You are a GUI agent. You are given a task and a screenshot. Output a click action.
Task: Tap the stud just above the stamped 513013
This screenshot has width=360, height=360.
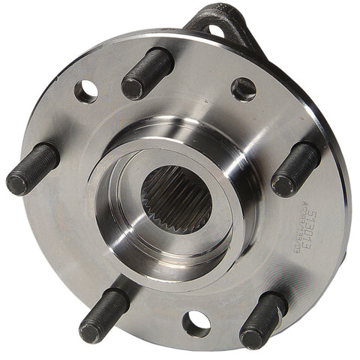[295, 168]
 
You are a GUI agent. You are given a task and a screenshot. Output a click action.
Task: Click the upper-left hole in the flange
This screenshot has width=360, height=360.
[85, 91]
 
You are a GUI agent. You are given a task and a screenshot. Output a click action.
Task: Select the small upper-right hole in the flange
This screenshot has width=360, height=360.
[244, 88]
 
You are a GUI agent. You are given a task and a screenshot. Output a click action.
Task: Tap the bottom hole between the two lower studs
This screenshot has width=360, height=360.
[196, 322]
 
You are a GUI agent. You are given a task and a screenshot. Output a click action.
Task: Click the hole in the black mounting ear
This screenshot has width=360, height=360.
[216, 30]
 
